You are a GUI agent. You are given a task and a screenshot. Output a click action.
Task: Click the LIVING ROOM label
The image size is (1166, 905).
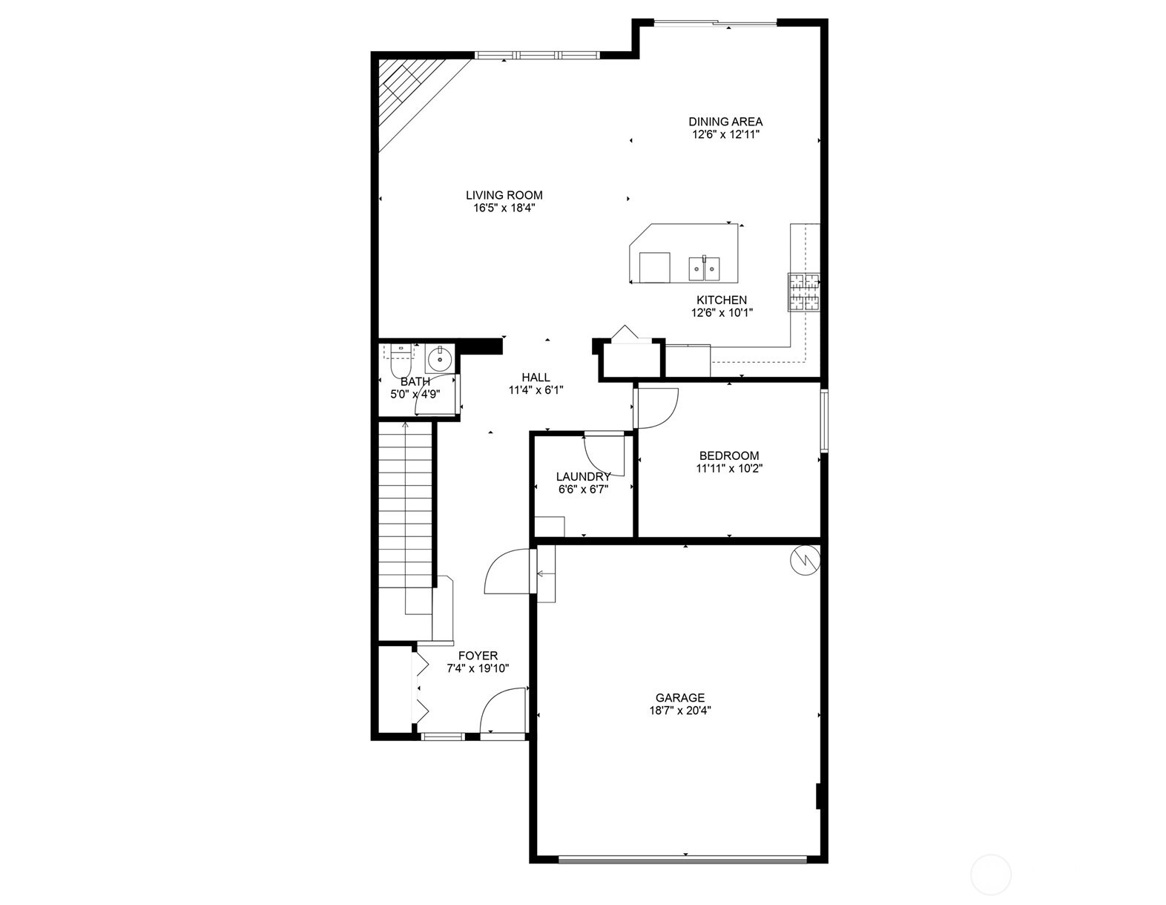pyautogui.click(x=504, y=195)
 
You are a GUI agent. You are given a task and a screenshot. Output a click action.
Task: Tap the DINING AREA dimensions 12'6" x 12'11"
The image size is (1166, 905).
pyautogui.click(x=725, y=135)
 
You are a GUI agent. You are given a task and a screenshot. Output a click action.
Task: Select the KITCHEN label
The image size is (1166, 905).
pyautogui.click(x=722, y=300)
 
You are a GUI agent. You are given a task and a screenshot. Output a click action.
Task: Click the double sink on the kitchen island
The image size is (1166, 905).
pyautogui.click(x=704, y=269)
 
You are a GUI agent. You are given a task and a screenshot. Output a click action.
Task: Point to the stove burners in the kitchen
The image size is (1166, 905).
pyautogui.click(x=804, y=292)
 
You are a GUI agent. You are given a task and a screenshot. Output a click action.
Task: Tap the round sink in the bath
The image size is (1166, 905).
pyautogui.click(x=439, y=358)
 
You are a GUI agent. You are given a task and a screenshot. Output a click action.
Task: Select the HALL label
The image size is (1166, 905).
pyautogui.click(x=536, y=378)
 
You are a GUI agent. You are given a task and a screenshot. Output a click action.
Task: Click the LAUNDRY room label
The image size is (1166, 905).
pyautogui.click(x=583, y=476)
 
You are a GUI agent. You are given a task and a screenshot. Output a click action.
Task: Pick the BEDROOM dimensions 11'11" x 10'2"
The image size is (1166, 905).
pyautogui.click(x=729, y=468)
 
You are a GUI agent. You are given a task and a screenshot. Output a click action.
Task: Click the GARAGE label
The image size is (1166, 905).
pyautogui.click(x=680, y=698)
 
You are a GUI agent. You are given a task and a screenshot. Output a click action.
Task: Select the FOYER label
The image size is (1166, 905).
pyautogui.click(x=478, y=656)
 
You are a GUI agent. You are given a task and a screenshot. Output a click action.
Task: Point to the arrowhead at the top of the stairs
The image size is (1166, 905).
pyautogui.click(x=405, y=425)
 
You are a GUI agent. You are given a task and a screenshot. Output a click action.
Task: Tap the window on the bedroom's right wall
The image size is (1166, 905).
pyautogui.click(x=824, y=421)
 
